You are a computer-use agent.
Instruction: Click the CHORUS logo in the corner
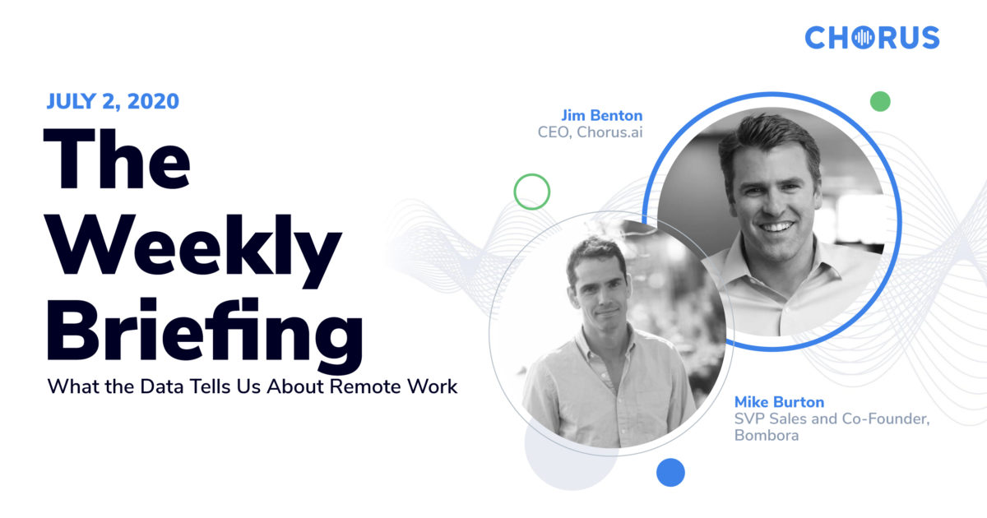pyautogui.click(x=871, y=38)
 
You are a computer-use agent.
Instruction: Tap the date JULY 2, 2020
pyautogui.click(x=113, y=102)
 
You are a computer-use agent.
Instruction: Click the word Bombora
pyautogui.click(x=766, y=436)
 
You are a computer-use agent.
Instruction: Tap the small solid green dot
pyautogui.click(x=880, y=101)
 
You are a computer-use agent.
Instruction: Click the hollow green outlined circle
pyautogui.click(x=531, y=192)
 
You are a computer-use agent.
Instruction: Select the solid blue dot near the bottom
pyautogui.click(x=670, y=472)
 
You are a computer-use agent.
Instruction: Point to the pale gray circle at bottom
pyautogui.click(x=568, y=460)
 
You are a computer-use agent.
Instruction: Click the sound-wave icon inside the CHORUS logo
pyautogui.click(x=864, y=38)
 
